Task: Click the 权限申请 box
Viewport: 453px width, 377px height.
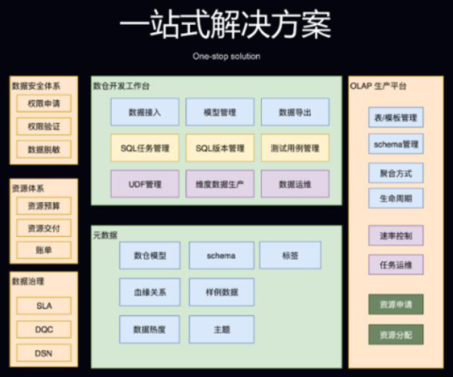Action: pos(44,103)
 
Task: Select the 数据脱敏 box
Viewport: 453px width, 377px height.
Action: pos(44,149)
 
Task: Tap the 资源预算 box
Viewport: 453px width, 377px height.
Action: pos(44,204)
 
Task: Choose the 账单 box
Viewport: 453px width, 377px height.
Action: pos(44,250)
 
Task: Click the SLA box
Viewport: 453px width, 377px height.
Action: pos(44,305)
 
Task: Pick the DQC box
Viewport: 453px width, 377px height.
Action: pos(44,329)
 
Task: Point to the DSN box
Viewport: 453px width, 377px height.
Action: pos(44,352)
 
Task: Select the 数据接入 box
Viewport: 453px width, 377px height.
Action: pos(144,112)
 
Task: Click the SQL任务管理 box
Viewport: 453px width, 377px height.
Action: pos(144,148)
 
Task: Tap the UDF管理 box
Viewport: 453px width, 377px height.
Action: pos(144,183)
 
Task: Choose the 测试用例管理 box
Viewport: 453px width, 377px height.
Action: pos(295,148)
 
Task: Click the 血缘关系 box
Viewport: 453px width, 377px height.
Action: pos(149,291)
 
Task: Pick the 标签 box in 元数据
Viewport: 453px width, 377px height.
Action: pos(290,256)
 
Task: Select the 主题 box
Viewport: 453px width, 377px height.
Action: pos(221,329)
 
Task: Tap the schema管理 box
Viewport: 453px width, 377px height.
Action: pos(396,143)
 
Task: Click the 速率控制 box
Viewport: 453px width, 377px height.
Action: pos(396,235)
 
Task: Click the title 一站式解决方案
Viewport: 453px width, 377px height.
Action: pos(226,25)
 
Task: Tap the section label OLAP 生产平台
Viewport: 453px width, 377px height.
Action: pos(379,86)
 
